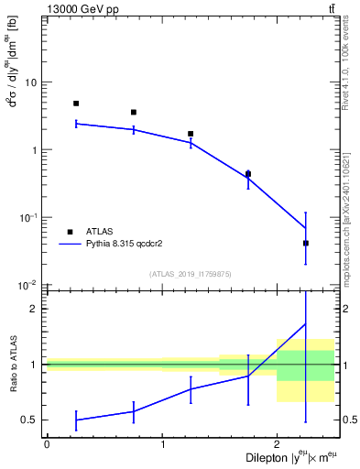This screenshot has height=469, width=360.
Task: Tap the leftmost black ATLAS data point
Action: pyautogui.click(x=76, y=104)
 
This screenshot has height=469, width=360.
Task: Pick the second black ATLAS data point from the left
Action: pyautogui.click(x=134, y=113)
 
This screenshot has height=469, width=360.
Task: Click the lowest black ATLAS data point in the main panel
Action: pyautogui.click(x=306, y=243)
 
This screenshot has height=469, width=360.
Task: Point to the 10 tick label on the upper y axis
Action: pyautogui.click(x=30, y=82)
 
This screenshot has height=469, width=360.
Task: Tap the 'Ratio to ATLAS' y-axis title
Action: pyautogui.click(x=12, y=365)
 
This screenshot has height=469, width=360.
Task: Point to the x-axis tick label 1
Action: pyautogui.click(x=162, y=444)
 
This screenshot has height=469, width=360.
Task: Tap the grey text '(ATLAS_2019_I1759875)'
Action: pyautogui.click(x=191, y=274)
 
